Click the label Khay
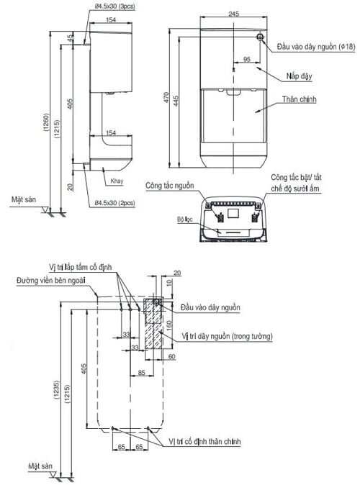[117, 182]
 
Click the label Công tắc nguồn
[170, 185]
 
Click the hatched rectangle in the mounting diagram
[153, 325]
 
